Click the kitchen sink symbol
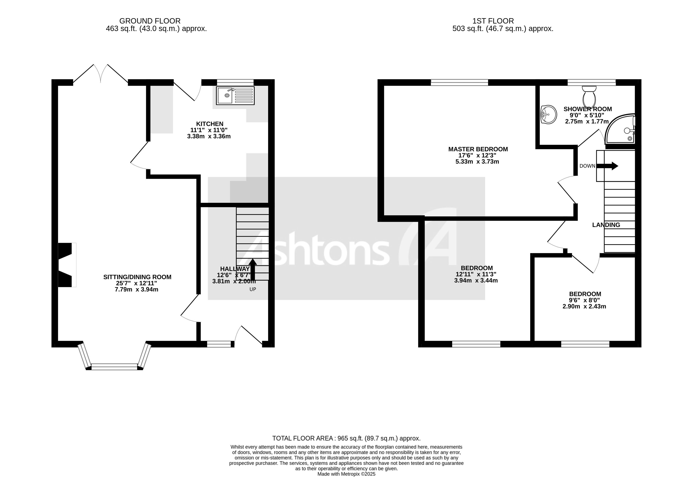235,96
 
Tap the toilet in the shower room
589,96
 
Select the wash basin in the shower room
549,114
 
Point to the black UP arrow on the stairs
253,269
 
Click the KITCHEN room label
210,124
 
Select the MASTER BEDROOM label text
478,149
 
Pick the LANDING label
606,225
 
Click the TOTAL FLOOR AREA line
346,438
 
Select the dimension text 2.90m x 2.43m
584,306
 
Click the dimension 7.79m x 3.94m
137,289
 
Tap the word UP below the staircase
253,289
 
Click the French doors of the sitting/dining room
101,74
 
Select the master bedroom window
459,82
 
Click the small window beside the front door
219,344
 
